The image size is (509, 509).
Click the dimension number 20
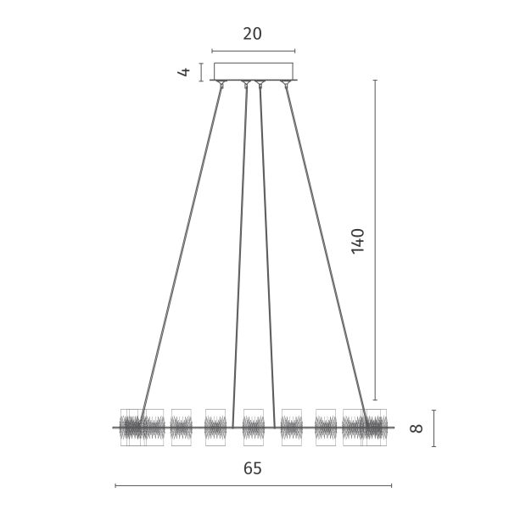[252, 34]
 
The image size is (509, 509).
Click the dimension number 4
[184, 72]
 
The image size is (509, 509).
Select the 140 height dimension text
[358, 241]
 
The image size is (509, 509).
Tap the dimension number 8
[417, 428]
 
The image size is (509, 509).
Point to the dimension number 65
[253, 468]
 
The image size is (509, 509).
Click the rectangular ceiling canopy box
[254, 71]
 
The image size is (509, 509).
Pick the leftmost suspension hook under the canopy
[221, 84]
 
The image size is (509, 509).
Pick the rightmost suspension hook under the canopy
[285, 84]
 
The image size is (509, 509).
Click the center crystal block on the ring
[254, 428]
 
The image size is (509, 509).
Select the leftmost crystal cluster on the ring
[142, 428]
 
